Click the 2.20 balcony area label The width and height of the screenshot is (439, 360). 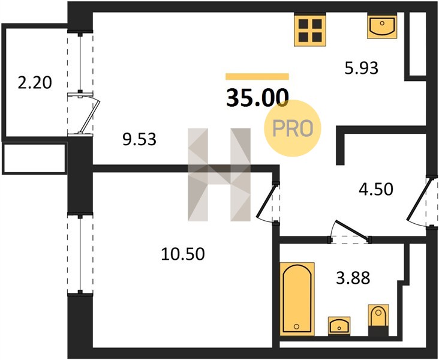pos(35,83)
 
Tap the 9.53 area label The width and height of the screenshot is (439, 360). pos(139,139)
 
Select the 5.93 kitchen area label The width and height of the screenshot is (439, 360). pos(361,68)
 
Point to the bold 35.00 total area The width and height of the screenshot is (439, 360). pos(257,97)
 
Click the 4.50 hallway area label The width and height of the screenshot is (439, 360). pos(376,189)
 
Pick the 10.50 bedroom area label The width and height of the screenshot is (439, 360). pos(183,254)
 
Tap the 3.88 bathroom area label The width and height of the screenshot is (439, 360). pos(353,278)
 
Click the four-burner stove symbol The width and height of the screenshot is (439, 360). pos(310,30)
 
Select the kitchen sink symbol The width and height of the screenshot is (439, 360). pos(382,26)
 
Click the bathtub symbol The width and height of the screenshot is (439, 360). pos(297,299)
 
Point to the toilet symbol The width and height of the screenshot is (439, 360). pos(378,320)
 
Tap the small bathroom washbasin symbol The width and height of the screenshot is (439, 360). pos(339,326)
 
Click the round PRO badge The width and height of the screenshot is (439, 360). pos(292,128)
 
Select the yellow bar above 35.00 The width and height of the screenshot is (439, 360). pos(257,76)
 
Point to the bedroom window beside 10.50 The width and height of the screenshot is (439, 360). pos(80,254)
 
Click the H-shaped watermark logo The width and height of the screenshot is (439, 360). pos(219,175)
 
